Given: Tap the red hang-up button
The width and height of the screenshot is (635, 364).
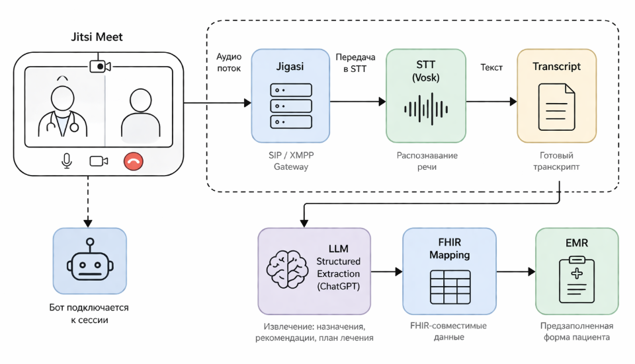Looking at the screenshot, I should [134, 161].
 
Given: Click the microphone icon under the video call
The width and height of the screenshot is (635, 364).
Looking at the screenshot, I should [66, 161].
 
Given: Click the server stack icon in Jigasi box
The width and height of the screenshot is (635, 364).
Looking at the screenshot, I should [290, 106].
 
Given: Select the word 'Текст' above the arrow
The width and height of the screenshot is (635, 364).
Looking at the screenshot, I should [491, 67].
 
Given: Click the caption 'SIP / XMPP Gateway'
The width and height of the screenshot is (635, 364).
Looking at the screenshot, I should [290, 161].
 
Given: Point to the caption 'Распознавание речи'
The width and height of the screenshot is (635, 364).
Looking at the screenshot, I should [427, 161].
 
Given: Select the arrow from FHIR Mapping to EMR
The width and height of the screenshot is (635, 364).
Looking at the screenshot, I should [515, 271].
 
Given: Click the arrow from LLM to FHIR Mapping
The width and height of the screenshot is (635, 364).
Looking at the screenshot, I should [387, 271].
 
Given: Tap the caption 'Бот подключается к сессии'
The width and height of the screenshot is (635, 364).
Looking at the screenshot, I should [89, 314].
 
